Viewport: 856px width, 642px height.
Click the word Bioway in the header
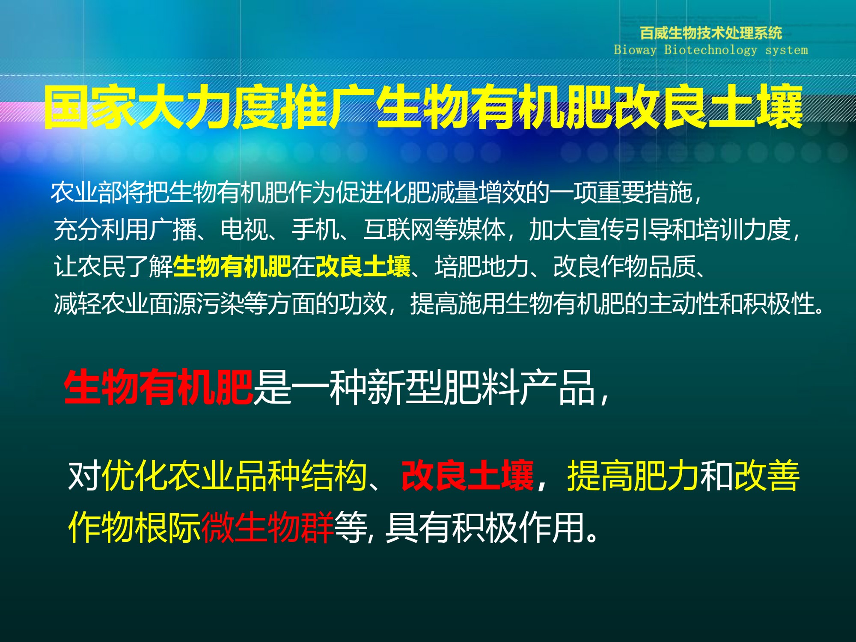pyautogui.click(x=635, y=50)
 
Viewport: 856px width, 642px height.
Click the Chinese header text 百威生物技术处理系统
pyautogui.click(x=711, y=33)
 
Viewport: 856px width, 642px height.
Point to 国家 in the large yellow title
pyautogui.click(x=91, y=107)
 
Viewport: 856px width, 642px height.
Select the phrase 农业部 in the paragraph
pyautogui.click(x=86, y=192)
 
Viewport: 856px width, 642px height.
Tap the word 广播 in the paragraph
pyautogui.click(x=173, y=229)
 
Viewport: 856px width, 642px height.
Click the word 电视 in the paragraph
pyautogui.click(x=244, y=229)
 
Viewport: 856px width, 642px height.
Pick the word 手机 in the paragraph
pyautogui.click(x=315, y=229)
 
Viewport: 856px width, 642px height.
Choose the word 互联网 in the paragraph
pyautogui.click(x=398, y=229)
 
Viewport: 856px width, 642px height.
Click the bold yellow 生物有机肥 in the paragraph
pyautogui.click(x=232, y=266)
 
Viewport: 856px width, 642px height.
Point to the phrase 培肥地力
pyautogui.click(x=482, y=266)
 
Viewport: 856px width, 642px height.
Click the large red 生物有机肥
pyautogui.click(x=158, y=387)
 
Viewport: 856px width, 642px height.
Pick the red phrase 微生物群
pyautogui.click(x=267, y=527)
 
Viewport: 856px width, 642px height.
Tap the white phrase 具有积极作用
pyautogui.click(x=486, y=527)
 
